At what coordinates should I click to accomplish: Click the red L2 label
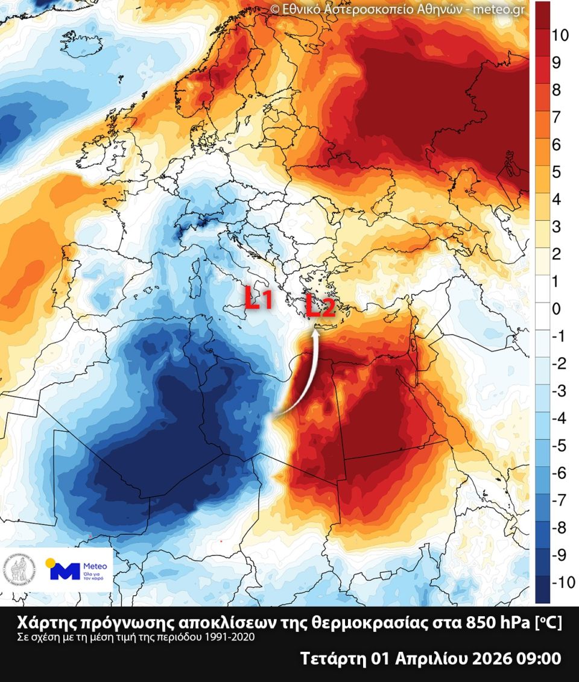(320, 307)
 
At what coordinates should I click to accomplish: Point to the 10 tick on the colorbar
(560, 36)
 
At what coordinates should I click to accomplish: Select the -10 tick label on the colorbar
(562, 582)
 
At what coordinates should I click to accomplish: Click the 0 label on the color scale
(556, 309)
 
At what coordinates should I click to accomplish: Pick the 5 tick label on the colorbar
(556, 172)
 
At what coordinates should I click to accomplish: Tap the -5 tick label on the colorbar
(559, 446)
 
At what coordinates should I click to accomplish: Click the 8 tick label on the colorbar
(556, 90)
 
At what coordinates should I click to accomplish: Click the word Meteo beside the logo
(95, 566)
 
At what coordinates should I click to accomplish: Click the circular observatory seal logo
(21, 570)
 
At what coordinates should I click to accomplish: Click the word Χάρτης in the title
(43, 622)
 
